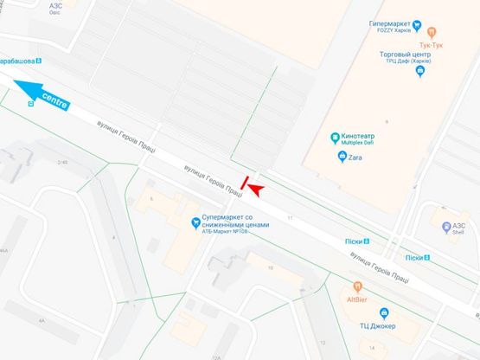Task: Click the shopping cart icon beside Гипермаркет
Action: click(417, 23)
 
